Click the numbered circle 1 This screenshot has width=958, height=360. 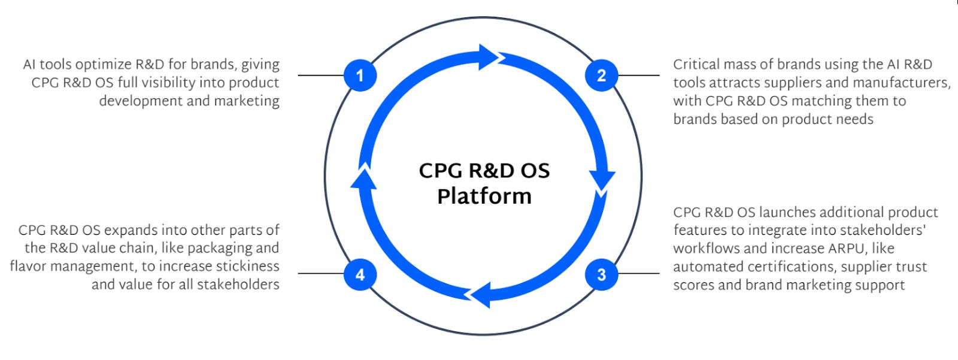pos(360,75)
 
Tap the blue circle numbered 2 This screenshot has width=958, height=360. pos(601,75)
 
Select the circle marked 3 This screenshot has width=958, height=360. pos(601,274)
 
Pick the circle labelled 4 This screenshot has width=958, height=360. pos(360,274)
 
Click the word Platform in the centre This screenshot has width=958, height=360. pos(484,196)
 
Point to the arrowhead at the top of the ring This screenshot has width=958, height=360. pos(487,57)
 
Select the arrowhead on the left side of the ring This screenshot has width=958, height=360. pos(363,178)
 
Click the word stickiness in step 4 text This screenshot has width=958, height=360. pos(247,266)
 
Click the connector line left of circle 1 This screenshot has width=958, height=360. pos(321,75)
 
